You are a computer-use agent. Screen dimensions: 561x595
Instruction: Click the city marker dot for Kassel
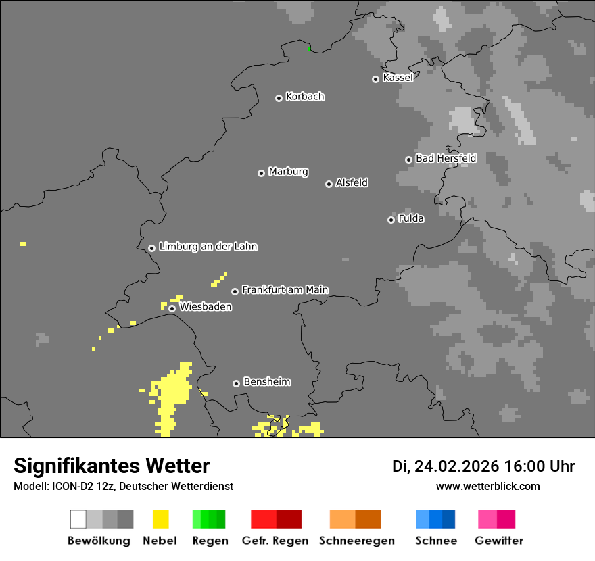tap(375, 79)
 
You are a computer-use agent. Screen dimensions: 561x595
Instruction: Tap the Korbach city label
tap(305, 97)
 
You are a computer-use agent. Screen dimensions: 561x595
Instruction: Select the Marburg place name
tap(288, 172)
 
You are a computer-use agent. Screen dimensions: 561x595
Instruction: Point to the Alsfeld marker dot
tap(329, 184)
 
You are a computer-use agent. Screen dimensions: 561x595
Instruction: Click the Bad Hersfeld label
tap(446, 158)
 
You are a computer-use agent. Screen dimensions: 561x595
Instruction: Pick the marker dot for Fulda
tap(391, 220)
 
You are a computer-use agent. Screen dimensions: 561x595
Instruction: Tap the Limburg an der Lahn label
tap(208, 247)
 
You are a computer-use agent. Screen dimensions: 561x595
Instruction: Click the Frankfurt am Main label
tap(285, 290)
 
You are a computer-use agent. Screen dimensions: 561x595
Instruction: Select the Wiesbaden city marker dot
tap(172, 308)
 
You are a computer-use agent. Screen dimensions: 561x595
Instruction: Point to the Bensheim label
tap(266, 382)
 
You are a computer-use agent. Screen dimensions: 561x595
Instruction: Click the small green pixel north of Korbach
tap(309, 48)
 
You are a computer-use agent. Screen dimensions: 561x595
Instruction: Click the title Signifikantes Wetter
tap(112, 466)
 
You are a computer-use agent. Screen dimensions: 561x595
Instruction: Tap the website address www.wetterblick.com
tap(487, 486)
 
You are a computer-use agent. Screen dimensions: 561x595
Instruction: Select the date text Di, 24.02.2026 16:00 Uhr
tap(483, 466)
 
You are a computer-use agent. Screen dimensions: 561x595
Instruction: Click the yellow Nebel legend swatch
tap(160, 519)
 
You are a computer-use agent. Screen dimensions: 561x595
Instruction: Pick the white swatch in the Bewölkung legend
tap(78, 519)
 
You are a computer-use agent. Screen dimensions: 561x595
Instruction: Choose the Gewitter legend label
tap(498, 541)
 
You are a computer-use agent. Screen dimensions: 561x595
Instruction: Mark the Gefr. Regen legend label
tap(275, 541)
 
